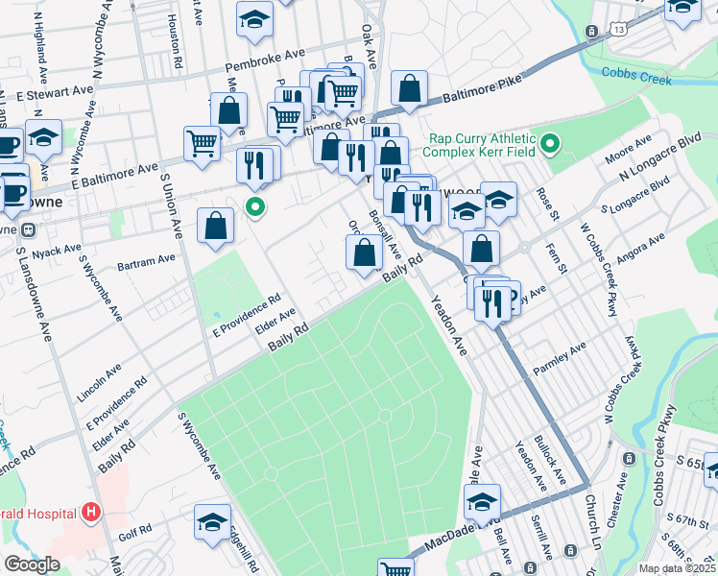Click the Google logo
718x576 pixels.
point(32,564)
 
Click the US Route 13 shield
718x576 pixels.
point(593,32)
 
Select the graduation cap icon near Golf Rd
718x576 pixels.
point(212,522)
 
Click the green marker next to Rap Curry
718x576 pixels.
point(549,145)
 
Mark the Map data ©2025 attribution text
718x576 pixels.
point(677,568)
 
